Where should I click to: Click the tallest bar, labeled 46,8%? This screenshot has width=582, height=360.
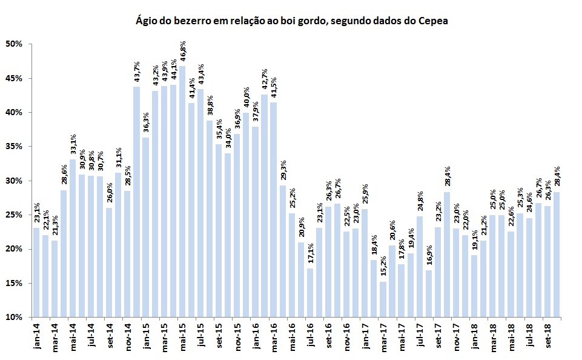click(182, 191)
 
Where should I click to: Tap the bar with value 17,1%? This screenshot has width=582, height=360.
click(310, 292)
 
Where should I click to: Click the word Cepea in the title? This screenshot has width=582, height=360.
click(434, 22)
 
